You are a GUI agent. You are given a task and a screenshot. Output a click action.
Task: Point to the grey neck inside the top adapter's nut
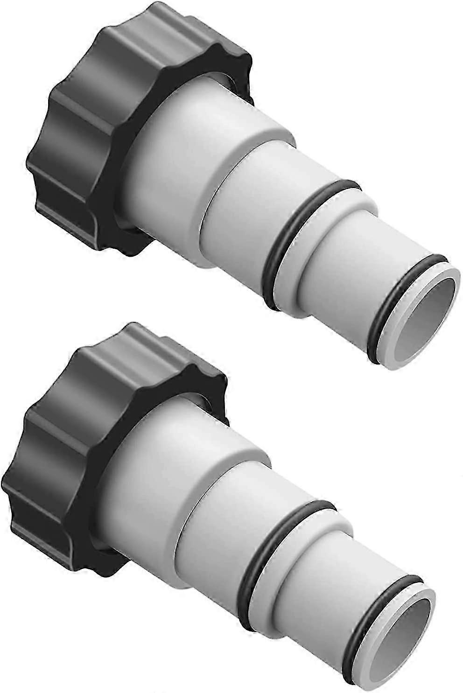140,140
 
